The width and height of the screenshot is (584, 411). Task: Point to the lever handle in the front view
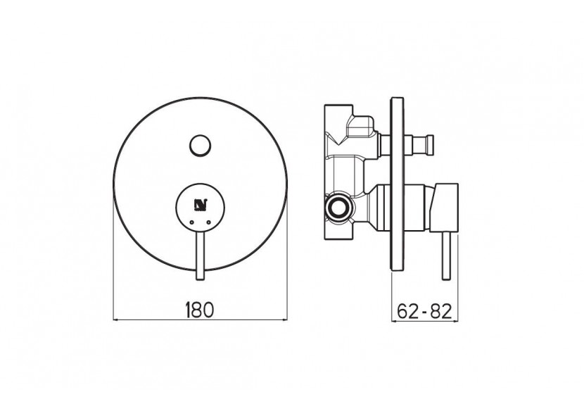pos(201,250)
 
